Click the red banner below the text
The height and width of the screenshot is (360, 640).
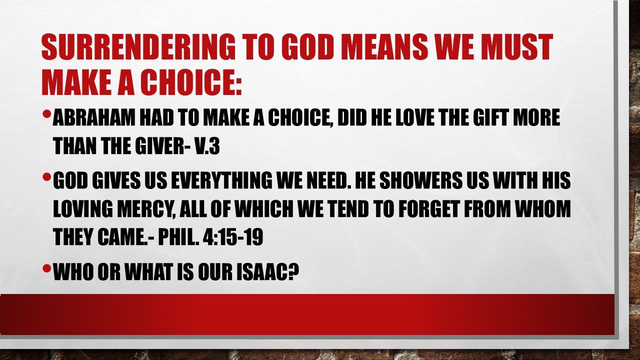pos(307,314)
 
